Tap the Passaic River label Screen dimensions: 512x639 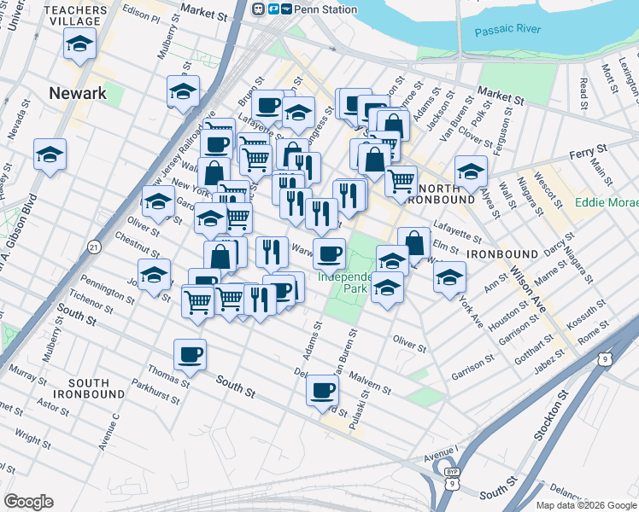coord(508,30)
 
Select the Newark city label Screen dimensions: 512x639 coord(78,94)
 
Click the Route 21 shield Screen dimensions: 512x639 coord(93,247)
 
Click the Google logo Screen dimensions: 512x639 coord(28,502)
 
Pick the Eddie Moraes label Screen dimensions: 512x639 coord(606,203)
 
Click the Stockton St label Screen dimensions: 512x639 coord(548,417)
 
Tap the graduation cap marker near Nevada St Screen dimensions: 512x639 coord(50,155)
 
